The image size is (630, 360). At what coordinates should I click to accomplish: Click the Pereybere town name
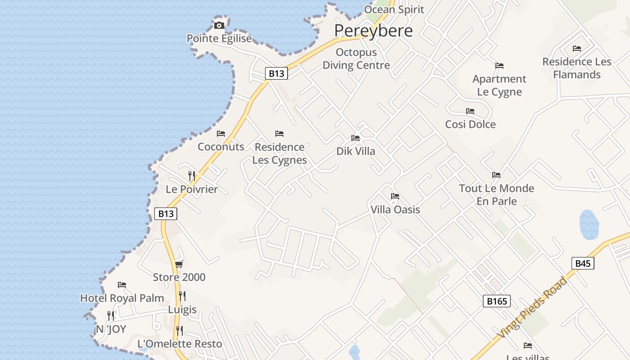(x=373, y=31)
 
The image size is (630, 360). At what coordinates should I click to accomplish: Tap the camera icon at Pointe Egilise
(x=219, y=25)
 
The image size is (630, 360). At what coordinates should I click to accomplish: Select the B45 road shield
(x=583, y=263)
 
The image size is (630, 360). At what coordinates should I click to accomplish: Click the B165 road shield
(x=497, y=301)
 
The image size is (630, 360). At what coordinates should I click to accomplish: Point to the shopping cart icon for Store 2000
(x=179, y=264)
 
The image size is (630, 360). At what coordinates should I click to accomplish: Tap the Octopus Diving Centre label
(x=356, y=59)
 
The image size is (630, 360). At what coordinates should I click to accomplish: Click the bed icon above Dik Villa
(x=355, y=138)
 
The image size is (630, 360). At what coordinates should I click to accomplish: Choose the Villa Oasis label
(x=395, y=209)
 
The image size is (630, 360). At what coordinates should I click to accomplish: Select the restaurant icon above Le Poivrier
(x=192, y=176)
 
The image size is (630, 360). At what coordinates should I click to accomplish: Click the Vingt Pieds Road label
(x=532, y=309)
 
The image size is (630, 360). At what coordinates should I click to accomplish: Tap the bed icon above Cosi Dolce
(x=470, y=111)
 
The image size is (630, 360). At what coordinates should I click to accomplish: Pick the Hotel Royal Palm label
(x=122, y=298)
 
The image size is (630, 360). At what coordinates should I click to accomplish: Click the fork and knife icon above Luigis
(x=182, y=296)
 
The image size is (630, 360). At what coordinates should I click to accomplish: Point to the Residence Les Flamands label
(x=577, y=68)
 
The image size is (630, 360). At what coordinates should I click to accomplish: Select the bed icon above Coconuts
(x=221, y=134)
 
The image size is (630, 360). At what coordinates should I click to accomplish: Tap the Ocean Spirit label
(x=394, y=9)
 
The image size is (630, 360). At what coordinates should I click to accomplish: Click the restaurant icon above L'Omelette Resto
(x=180, y=331)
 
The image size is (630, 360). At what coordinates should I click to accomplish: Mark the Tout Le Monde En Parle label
(x=496, y=194)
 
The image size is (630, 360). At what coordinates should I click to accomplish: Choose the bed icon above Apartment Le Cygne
(x=499, y=66)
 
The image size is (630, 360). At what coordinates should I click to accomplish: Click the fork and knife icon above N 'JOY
(x=111, y=316)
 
